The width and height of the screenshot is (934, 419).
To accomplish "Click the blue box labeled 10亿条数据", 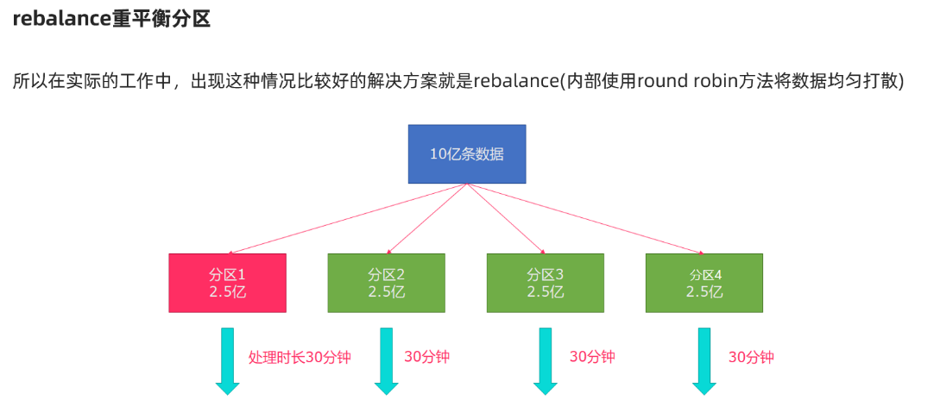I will point(466,153).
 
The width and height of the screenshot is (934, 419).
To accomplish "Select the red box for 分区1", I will point(227,283).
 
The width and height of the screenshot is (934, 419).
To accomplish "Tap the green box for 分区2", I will point(386,283).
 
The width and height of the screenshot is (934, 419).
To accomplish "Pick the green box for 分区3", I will point(546,283).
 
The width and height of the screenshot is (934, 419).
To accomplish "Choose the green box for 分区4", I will point(704,283).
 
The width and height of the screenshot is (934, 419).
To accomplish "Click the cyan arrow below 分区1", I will point(227,361).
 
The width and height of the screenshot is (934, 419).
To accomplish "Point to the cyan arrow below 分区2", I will point(386,361).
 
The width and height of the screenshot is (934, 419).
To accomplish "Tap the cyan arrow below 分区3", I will point(546,361).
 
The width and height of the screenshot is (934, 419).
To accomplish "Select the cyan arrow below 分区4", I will point(704,361).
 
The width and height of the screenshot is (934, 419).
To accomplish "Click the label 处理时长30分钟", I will point(300,357).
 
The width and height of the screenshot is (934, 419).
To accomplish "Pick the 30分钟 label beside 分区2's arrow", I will point(426,357).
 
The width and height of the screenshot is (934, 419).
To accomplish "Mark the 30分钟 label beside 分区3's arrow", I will point(592,357).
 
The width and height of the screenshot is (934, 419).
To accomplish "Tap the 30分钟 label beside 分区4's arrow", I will point(751,357).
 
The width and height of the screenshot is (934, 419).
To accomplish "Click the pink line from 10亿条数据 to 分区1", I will point(345,219).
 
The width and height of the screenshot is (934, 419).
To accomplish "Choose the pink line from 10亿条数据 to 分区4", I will point(587,219).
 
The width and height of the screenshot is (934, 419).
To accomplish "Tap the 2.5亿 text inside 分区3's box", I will point(546,292).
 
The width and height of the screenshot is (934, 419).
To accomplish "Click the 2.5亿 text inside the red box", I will point(227,292).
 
